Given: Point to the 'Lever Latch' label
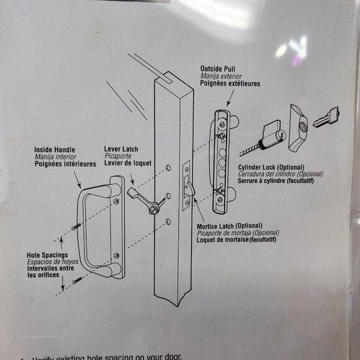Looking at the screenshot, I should [121, 150].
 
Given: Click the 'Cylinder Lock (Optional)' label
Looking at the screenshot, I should [270, 168].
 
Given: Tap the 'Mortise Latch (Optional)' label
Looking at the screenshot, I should [229, 225].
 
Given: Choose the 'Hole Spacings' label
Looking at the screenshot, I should [47, 255].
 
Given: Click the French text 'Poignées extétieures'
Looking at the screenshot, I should [230, 84].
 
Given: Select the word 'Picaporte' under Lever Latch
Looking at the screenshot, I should [117, 157].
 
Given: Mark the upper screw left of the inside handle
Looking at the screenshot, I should [76, 228].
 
